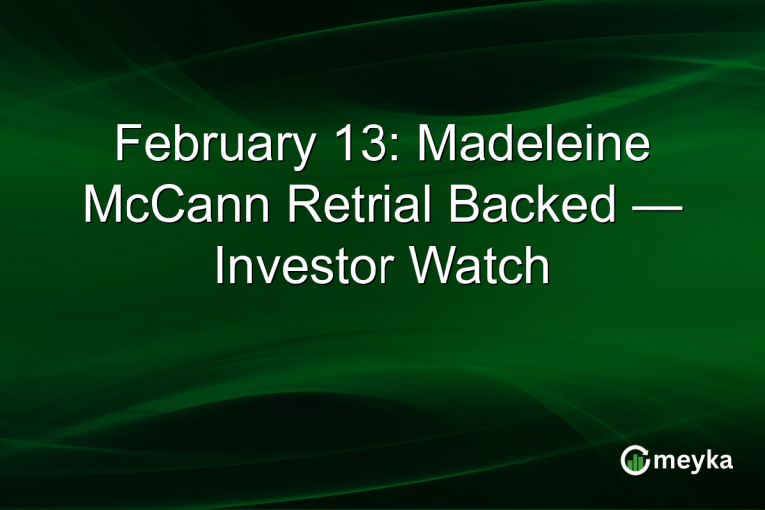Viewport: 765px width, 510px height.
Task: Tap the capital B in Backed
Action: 472,206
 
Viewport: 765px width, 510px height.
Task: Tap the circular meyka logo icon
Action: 635,459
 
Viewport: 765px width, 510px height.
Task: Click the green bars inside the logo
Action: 635,461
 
